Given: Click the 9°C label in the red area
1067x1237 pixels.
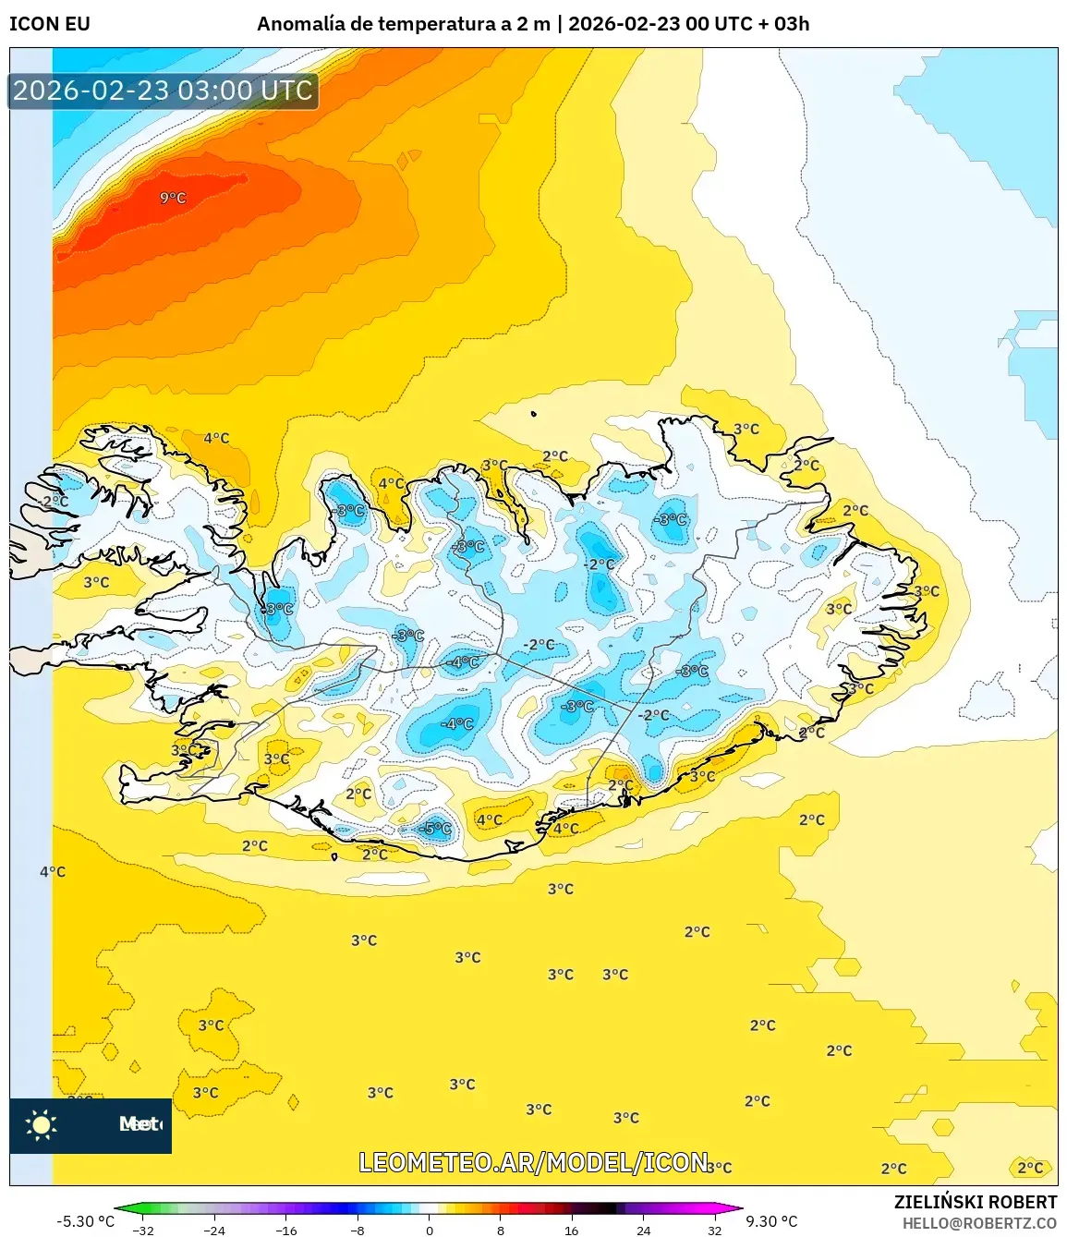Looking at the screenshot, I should point(173,198).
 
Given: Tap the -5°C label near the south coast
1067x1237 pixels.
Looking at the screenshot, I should point(435,829).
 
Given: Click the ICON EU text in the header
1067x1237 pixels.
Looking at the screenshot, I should point(50,24).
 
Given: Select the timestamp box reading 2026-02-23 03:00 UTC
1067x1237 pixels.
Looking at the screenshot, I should point(164,91).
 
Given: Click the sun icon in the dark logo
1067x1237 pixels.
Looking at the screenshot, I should point(42,1124).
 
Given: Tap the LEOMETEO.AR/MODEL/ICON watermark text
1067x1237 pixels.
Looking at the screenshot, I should point(534,1162).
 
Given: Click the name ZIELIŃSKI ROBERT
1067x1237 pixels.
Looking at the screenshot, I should point(975,1202).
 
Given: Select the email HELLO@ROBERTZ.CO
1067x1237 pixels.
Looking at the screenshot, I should point(979,1223).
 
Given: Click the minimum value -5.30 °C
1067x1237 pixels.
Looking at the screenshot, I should point(85,1221).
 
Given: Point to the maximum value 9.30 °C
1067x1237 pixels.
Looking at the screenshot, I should point(771,1221).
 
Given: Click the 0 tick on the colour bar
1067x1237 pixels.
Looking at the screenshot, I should point(429,1230).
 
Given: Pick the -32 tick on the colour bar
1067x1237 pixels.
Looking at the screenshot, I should point(143,1230).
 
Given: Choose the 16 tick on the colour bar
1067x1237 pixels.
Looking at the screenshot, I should point(572,1230).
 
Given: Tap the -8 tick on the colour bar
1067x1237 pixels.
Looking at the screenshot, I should point(358,1230).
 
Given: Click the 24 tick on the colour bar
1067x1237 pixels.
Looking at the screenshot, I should point(643,1230).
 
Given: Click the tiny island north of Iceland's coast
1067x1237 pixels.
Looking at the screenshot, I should point(534,415).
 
